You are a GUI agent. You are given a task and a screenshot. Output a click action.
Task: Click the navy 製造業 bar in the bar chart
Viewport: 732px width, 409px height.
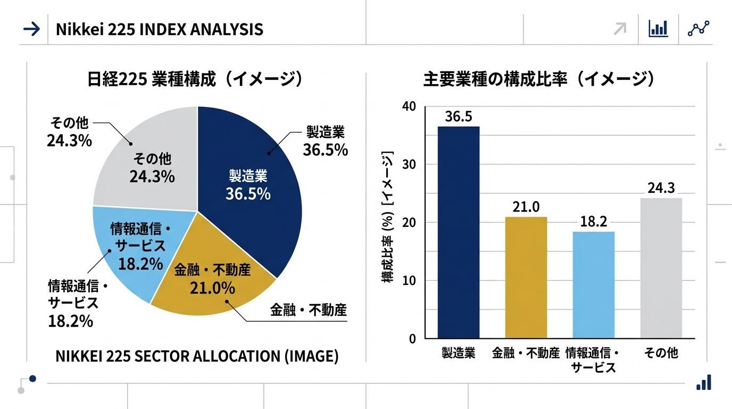pos(459,232)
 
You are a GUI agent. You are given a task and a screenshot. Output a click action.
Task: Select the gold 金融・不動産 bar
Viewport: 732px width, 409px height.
pos(526,277)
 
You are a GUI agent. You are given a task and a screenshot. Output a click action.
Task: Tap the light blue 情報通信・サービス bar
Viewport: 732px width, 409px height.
pos(593,285)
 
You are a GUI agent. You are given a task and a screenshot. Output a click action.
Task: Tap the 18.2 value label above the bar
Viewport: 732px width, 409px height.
pos(593,222)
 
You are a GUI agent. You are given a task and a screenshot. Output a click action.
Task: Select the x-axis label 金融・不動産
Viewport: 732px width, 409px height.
pos(526,353)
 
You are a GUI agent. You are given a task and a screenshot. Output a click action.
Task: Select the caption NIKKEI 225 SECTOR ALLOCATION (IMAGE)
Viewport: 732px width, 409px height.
pos(197,356)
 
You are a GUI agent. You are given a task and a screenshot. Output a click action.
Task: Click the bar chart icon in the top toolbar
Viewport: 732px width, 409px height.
pos(658,29)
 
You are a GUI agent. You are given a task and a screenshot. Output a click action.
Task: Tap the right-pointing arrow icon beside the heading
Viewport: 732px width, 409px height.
pos(32,29)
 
